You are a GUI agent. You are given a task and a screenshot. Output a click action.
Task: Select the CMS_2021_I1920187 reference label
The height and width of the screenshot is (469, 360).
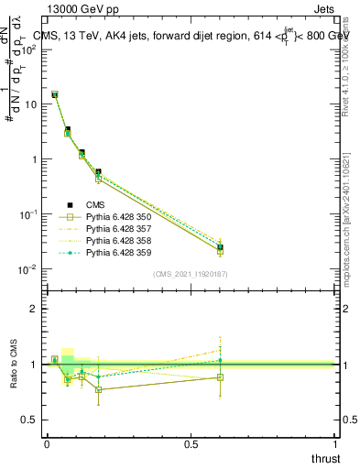[191, 274]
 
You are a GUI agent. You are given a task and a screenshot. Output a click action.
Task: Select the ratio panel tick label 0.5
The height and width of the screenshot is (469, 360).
[31, 420]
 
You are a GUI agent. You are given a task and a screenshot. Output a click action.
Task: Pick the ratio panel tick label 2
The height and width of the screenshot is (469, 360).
[35, 309]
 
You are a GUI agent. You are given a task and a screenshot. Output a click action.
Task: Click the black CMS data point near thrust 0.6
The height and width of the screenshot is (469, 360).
[220, 247]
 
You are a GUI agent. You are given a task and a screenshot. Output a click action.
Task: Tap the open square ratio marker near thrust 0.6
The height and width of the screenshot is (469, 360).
[220, 377]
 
